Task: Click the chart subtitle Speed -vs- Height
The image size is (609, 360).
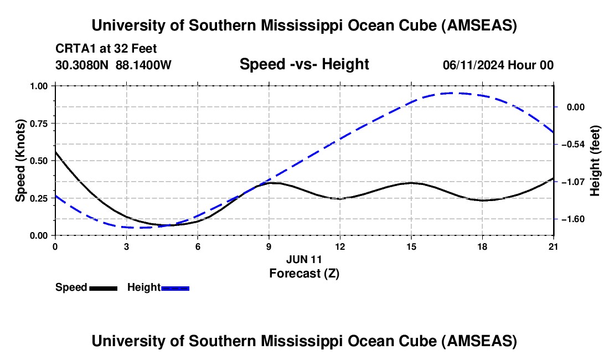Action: click(x=304, y=64)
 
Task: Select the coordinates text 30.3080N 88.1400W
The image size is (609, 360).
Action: click(x=113, y=65)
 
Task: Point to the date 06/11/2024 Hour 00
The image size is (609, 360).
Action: click(x=498, y=65)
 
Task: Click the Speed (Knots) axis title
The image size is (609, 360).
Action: click(x=20, y=161)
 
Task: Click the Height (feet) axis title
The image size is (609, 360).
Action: click(x=595, y=161)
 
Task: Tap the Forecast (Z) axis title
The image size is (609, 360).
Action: click(x=304, y=273)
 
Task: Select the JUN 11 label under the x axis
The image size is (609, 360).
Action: click(x=304, y=259)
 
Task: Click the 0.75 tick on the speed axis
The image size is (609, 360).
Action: click(x=39, y=124)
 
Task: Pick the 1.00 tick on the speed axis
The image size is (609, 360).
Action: click(x=39, y=86)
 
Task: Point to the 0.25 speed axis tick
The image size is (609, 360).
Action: click(x=39, y=198)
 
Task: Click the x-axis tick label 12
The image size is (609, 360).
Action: click(x=340, y=246)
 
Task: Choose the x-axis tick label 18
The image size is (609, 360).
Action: click(x=483, y=246)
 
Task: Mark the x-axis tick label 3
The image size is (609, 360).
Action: click(x=126, y=246)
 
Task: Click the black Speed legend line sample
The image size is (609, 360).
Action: click(x=103, y=288)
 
